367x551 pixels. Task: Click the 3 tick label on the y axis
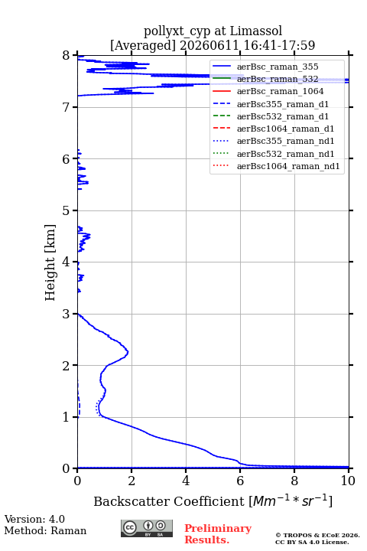(67, 314)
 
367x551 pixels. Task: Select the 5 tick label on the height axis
(67, 210)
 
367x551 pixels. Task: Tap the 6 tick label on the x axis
(240, 481)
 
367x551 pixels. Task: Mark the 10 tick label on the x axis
(348, 481)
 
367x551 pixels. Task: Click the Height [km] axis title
(50, 262)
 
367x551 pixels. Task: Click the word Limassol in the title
(256, 31)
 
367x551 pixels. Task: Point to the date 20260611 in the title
(209, 45)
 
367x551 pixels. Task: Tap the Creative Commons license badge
(147, 528)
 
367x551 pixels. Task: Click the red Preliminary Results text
(218, 534)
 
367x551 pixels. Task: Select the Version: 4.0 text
(34, 519)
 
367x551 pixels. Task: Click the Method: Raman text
(45, 530)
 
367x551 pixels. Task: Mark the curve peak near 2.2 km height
(128, 352)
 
